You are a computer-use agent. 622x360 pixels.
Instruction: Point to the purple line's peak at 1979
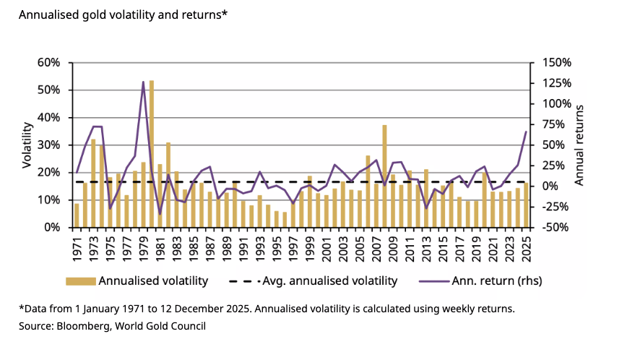pyautogui.click(x=143, y=82)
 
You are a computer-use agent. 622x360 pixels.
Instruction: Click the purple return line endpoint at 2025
pyautogui.click(x=525, y=132)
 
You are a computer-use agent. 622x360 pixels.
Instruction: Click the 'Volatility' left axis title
pyautogui.click(x=27, y=145)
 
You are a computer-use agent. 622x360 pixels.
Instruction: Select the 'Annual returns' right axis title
pyautogui.click(x=579, y=145)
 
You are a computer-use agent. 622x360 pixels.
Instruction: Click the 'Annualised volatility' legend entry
pyautogui.click(x=153, y=280)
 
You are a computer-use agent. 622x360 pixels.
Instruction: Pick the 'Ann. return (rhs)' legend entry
pyautogui.click(x=496, y=280)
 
